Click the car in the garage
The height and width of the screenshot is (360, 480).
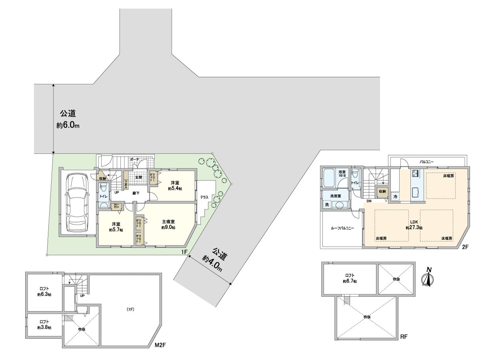pos(78,202)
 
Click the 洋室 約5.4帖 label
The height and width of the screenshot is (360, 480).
pos(175,186)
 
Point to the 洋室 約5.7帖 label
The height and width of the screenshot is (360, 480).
pos(117,227)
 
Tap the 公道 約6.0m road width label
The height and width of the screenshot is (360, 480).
pos(68,119)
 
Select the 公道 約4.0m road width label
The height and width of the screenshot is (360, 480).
pos(214,260)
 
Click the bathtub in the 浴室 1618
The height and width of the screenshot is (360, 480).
pos(329,178)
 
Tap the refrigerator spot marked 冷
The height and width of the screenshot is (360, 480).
pos(395,197)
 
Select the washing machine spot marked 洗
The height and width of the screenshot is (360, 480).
pos(327,204)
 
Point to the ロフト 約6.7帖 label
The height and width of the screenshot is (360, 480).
pos(350,278)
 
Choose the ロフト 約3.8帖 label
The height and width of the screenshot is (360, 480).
pos(44,324)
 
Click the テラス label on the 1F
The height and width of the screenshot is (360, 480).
pos(204,198)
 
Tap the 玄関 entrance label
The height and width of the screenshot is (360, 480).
pos(138,177)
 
